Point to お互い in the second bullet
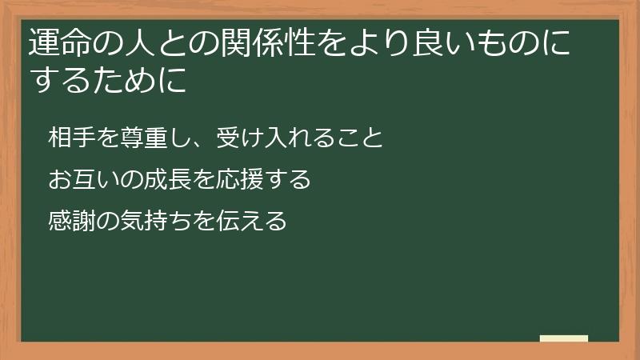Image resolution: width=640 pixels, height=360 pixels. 78,179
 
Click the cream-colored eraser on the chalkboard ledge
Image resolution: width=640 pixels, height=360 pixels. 563,338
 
